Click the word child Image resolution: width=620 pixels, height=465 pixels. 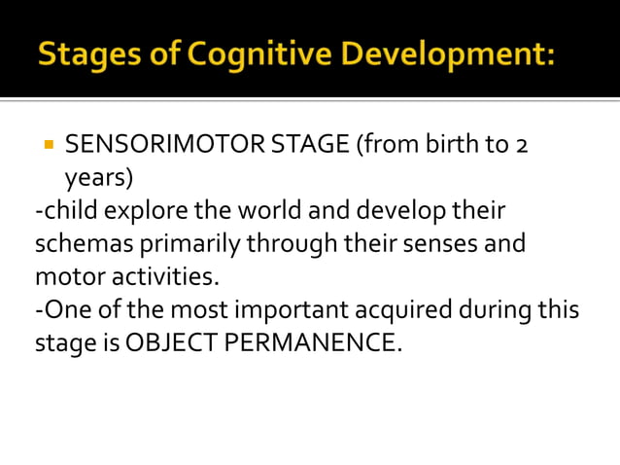tap(69, 211)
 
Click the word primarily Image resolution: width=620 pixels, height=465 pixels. tap(186, 243)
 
